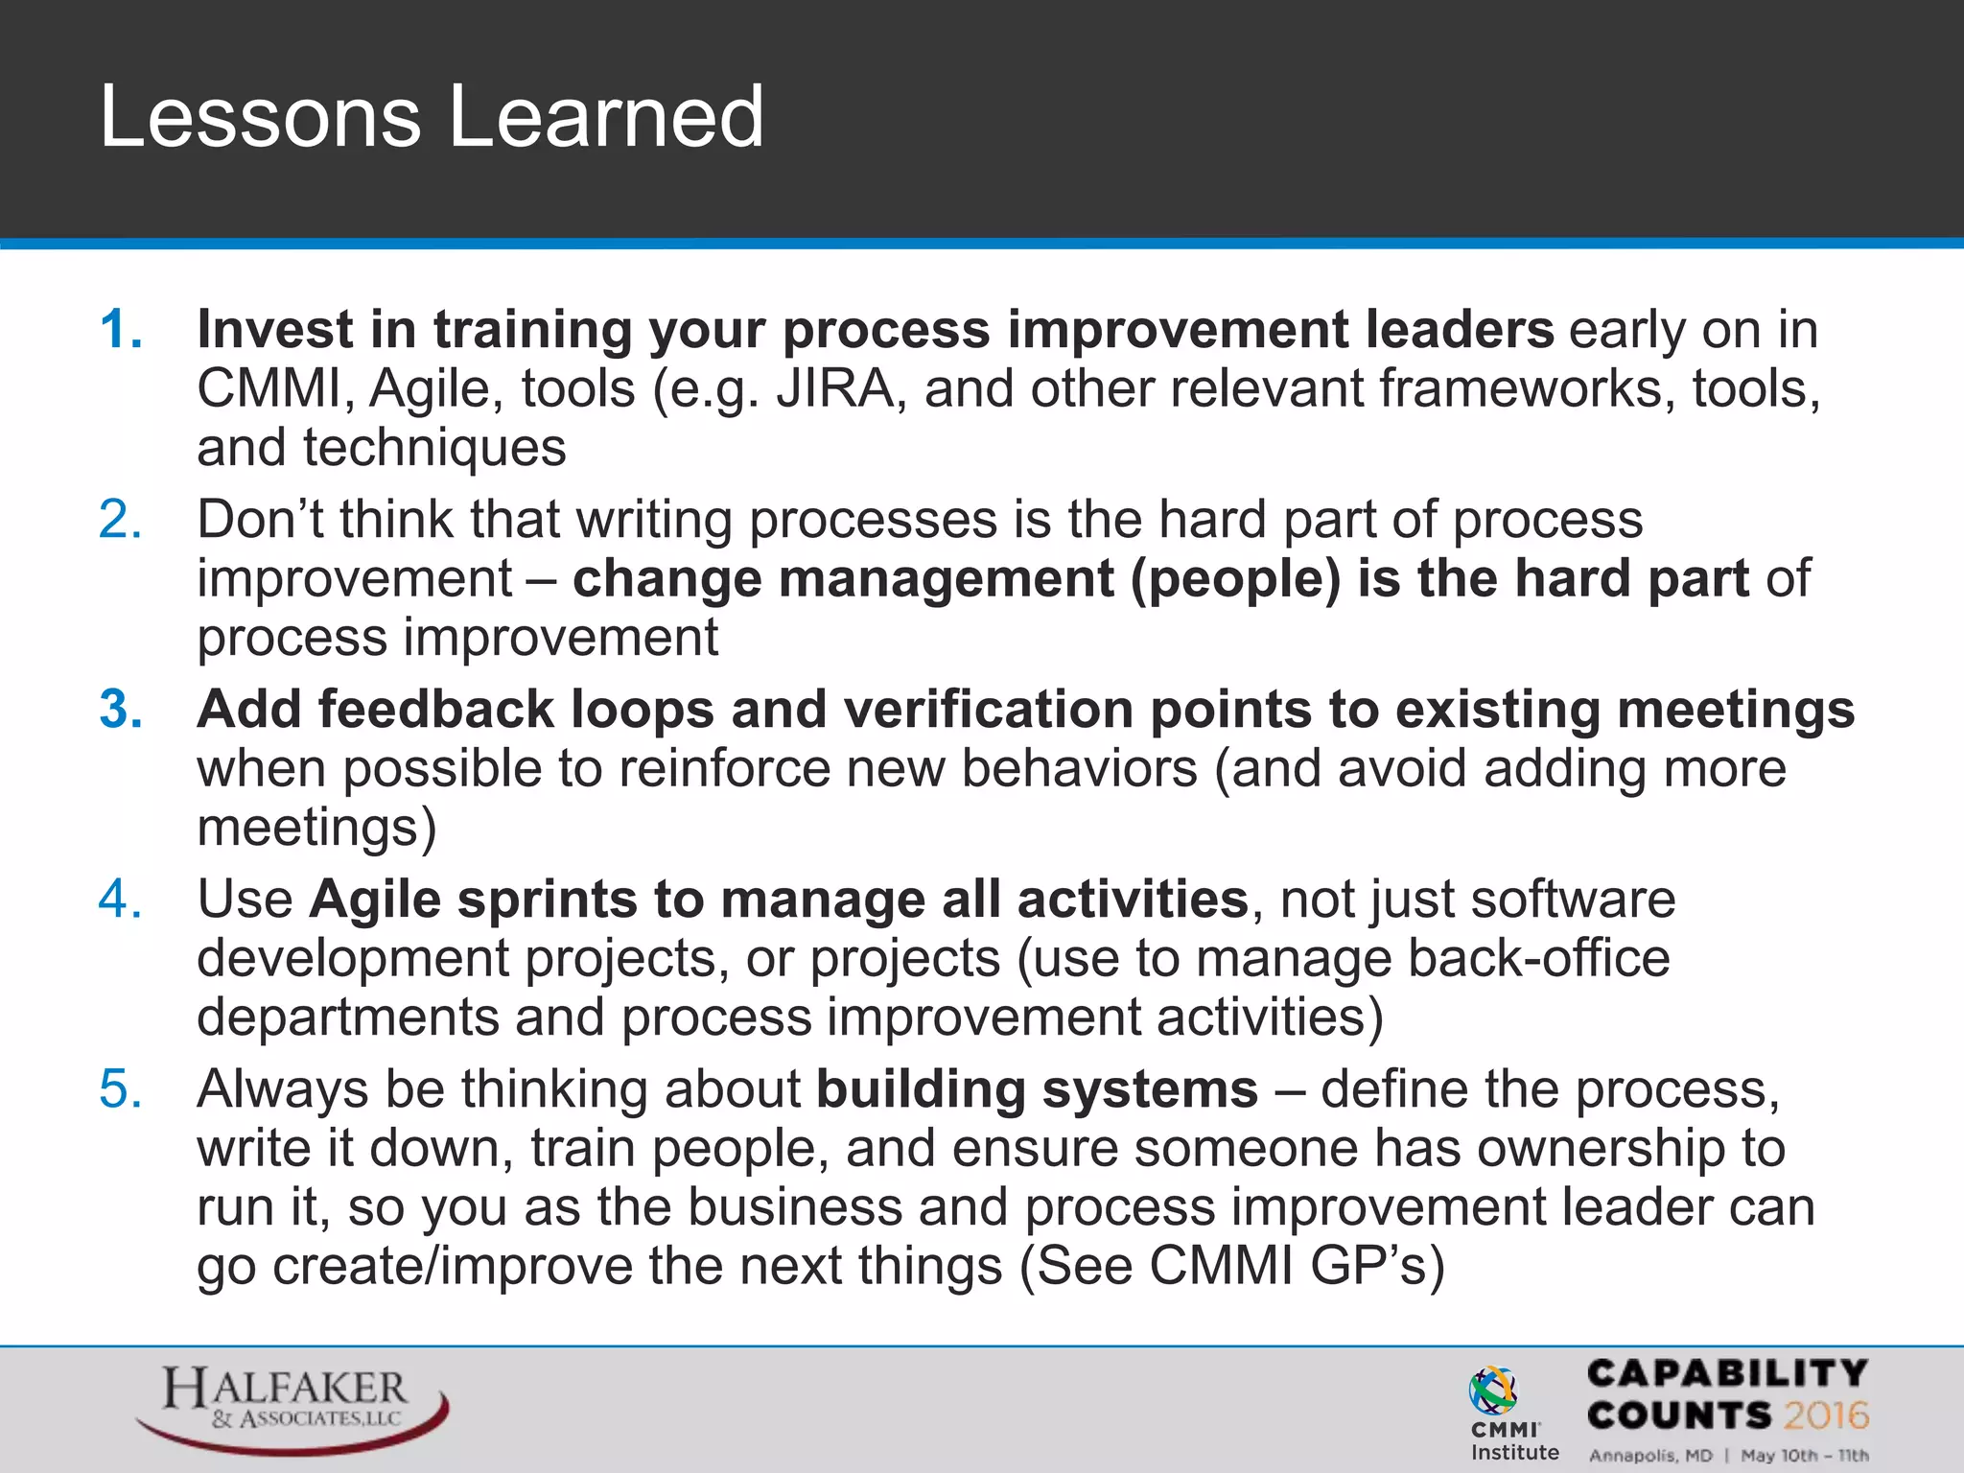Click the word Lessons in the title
pyautogui.click(x=259, y=117)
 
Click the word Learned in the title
pyautogui.click(x=606, y=117)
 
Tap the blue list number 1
pyautogui.click(x=121, y=330)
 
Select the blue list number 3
pyautogui.click(x=121, y=710)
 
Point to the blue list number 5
pyautogui.click(x=121, y=1089)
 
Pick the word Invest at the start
pyautogui.click(x=274, y=330)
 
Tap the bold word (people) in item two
pyautogui.click(x=1235, y=580)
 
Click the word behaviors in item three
pyautogui.click(x=1079, y=769)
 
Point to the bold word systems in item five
pyautogui.click(x=1149, y=1089)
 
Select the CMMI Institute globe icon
pyautogui.click(x=1492, y=1391)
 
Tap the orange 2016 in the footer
pyautogui.click(x=1826, y=1415)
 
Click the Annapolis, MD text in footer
pyautogui.click(x=1650, y=1455)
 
